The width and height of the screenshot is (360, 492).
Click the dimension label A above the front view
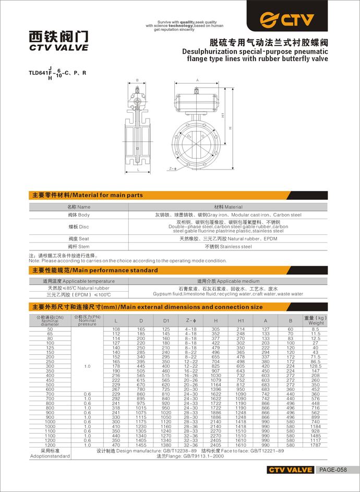pyautogui.click(x=198, y=80)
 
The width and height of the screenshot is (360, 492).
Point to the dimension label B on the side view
pyautogui.click(x=137, y=80)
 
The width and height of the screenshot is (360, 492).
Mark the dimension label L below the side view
pyautogui.click(x=137, y=170)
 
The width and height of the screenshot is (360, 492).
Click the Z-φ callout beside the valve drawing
pyautogui.click(x=174, y=169)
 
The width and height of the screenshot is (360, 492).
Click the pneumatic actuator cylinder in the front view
pyautogui.click(x=197, y=98)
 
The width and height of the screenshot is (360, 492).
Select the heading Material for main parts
pyautogui.click(x=88, y=195)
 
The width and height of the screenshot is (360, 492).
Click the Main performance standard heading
pyautogui.click(x=95, y=270)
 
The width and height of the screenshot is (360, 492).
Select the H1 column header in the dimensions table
pyautogui.click(x=241, y=320)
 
